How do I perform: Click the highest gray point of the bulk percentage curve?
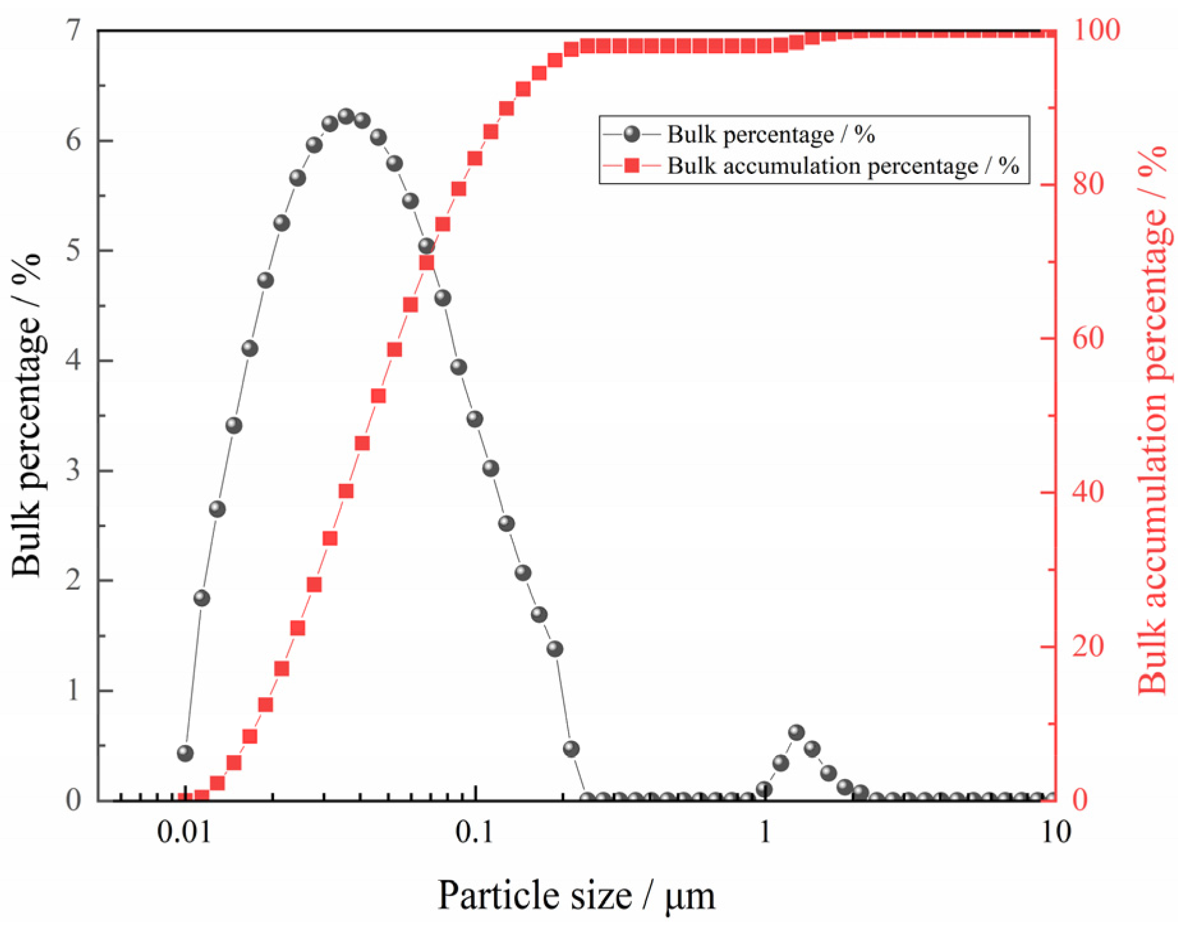346,116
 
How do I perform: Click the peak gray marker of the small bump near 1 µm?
796,732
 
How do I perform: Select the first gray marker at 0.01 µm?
185,753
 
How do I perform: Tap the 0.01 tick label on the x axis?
185,833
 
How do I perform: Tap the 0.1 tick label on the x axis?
474,833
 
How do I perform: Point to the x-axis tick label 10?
1056,833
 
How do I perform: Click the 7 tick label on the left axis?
74,30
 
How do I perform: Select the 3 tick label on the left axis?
74,470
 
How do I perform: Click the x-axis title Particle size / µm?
576,895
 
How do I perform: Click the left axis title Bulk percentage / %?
27,416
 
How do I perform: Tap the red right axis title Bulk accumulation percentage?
1154,419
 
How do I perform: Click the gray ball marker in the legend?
632,134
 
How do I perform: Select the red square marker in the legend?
632,166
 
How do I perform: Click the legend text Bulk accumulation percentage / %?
843,166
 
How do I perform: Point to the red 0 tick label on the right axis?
1080,799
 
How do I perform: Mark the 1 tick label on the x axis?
765,833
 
